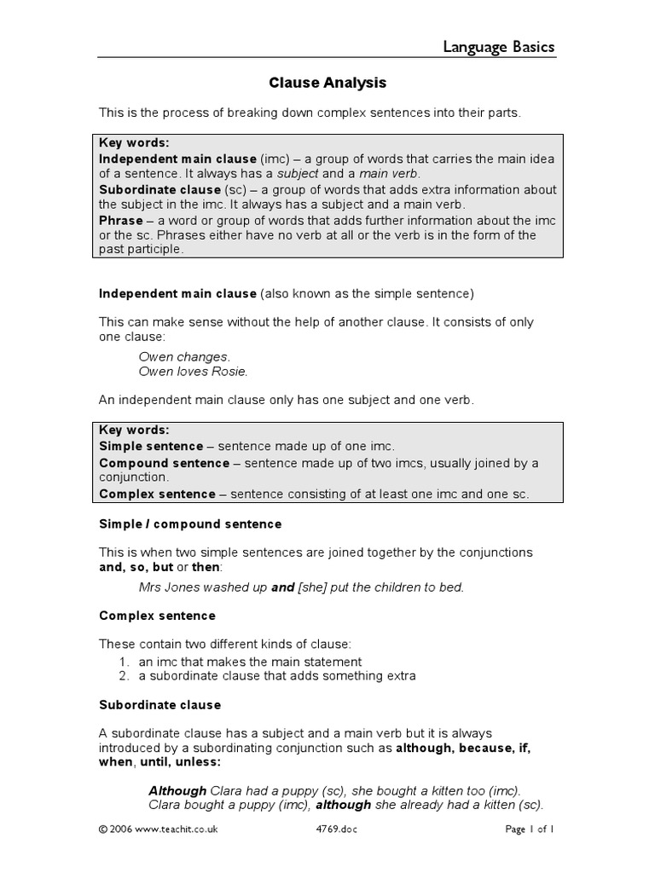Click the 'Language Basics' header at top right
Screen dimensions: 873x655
pyautogui.click(x=499, y=47)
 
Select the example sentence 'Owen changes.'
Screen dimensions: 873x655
pyautogui.click(x=184, y=356)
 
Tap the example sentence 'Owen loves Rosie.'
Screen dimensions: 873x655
pyautogui.click(x=193, y=371)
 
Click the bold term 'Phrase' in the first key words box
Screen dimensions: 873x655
pyautogui.click(x=121, y=220)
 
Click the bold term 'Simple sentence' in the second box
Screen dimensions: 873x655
pyautogui.click(x=151, y=446)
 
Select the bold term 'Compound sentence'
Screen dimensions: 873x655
pyautogui.click(x=165, y=463)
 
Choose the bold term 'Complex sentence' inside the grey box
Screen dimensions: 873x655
pyautogui.click(x=158, y=494)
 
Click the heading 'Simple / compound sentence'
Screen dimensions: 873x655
pyautogui.click(x=190, y=523)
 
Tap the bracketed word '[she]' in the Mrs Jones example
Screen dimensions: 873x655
pyautogui.click(x=314, y=587)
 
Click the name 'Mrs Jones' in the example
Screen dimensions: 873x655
pyautogui.click(x=166, y=587)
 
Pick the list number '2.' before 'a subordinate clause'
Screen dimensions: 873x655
pyautogui.click(x=124, y=676)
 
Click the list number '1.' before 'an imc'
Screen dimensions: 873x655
pyautogui.click(x=124, y=662)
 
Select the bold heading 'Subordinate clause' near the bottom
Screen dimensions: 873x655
pyautogui.click(x=159, y=705)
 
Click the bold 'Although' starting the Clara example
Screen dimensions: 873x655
pyautogui.click(x=177, y=790)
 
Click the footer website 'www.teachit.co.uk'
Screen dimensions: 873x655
pyautogui.click(x=165, y=828)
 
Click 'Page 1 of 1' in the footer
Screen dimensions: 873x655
pyautogui.click(x=530, y=828)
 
